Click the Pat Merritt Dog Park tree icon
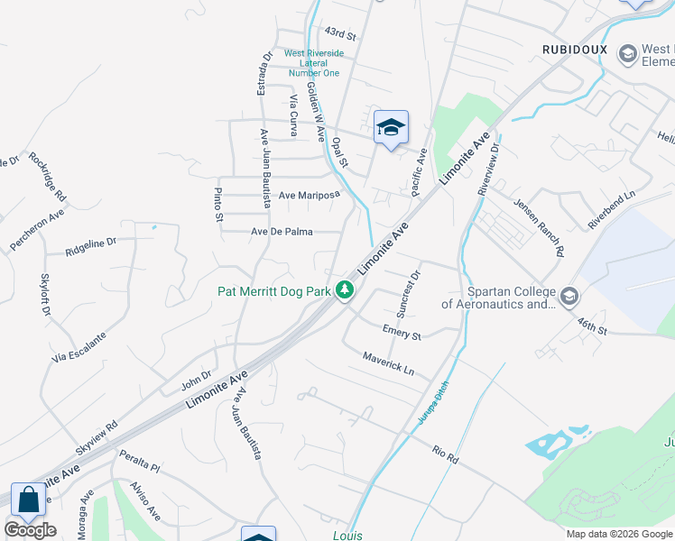pyautogui.click(x=344, y=290)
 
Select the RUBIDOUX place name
pyautogui.click(x=575, y=48)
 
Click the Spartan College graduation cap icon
pyautogui.click(x=569, y=296)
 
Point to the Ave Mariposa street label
pyautogui.click(x=309, y=195)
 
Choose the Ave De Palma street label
pyautogui.click(x=282, y=232)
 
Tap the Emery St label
pyautogui.click(x=402, y=332)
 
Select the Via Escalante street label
pyautogui.click(x=79, y=347)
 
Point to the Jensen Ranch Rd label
pyautogui.click(x=539, y=225)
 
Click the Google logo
pyautogui.click(x=30, y=530)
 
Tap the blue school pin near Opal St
pyautogui.click(x=391, y=127)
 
